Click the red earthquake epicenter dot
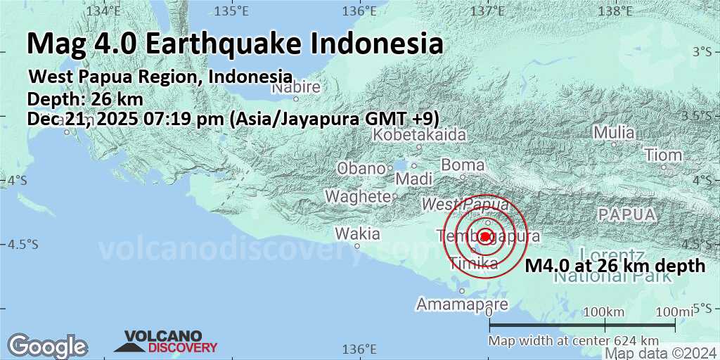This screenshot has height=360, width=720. pos(485,236)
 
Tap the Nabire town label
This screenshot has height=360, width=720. pos(296,88)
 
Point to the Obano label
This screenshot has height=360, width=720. pos(361,169)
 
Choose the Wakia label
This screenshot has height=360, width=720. pos(357,233)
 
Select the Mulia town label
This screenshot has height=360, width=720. pos(614,132)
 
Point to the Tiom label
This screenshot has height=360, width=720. pos(663,155)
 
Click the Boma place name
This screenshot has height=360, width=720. pos(463,165)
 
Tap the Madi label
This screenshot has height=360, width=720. pos(413,179)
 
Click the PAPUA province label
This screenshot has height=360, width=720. pos(626,214)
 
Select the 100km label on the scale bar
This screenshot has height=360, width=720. pos(605,312)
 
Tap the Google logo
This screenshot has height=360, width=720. pos(47,346)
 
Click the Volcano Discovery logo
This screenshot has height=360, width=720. pos(166,342)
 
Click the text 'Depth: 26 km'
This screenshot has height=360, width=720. pos(85,99)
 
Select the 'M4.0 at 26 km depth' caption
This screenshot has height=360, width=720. pos(615,266)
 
